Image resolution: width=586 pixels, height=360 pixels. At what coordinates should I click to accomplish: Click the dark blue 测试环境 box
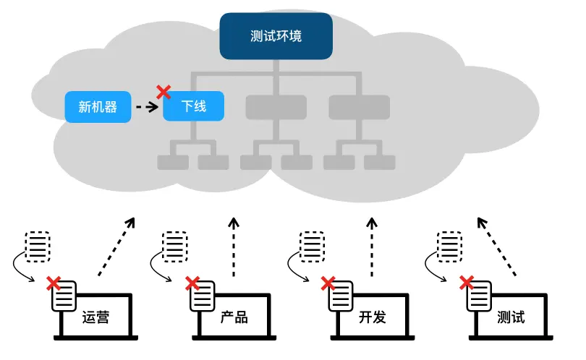pos(276,35)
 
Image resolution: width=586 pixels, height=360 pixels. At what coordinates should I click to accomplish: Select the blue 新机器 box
pos(98,107)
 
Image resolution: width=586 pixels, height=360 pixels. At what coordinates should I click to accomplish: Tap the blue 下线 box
pos(193,107)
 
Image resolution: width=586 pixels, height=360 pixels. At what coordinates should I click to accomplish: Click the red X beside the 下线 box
pos(164,92)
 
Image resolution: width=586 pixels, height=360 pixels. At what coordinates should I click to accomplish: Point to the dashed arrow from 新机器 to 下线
pos(147,107)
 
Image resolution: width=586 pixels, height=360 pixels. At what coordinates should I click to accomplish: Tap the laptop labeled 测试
pos(511,317)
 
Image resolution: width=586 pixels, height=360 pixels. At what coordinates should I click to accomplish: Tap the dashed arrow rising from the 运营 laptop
pos(116,247)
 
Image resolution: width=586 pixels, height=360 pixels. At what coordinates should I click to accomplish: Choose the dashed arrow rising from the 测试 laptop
pos(497,247)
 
